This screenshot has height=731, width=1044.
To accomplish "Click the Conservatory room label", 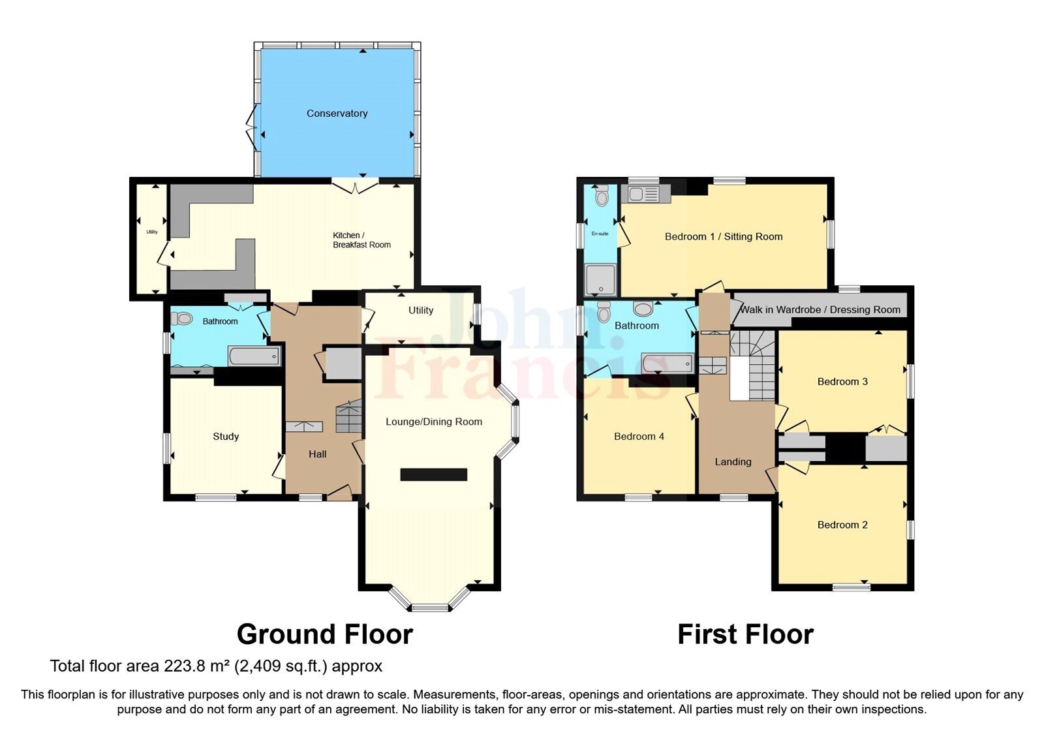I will pyautogui.click(x=337, y=114).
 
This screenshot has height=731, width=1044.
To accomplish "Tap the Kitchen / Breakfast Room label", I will pyautogui.click(x=361, y=240).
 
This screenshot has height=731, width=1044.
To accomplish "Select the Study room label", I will pyautogui.click(x=226, y=437).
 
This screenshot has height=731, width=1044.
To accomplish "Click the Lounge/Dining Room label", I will pyautogui.click(x=433, y=422).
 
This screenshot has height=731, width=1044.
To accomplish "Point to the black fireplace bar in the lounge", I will pyautogui.click(x=433, y=474).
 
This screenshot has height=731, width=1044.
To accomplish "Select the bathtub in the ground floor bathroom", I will pyautogui.click(x=254, y=356).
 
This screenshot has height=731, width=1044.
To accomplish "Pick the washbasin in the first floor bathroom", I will pyautogui.click(x=642, y=308).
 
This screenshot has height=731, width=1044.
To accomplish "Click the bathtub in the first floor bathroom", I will pyautogui.click(x=667, y=363).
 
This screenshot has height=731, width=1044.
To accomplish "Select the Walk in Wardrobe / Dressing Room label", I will pyautogui.click(x=820, y=309).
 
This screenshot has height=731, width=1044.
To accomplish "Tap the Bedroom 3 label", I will pyautogui.click(x=842, y=382).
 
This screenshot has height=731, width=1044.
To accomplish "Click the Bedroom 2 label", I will pyautogui.click(x=842, y=525).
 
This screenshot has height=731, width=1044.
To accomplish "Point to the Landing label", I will pyautogui.click(x=733, y=462).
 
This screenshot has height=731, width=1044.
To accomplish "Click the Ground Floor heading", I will pyautogui.click(x=324, y=634).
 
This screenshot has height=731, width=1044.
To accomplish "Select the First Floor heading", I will pyautogui.click(x=745, y=634).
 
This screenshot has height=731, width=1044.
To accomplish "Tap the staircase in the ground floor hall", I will pyautogui.click(x=349, y=416).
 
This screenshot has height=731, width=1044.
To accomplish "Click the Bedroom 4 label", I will pyautogui.click(x=639, y=437).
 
